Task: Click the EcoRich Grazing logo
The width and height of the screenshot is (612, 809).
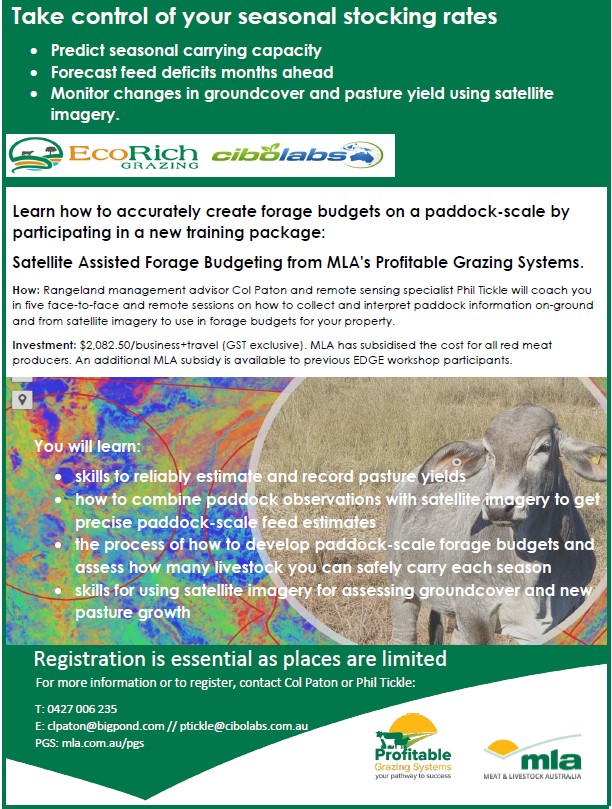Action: [103, 155]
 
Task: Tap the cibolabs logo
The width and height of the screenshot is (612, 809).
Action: [297, 155]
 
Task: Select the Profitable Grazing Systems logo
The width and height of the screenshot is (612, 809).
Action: [413, 747]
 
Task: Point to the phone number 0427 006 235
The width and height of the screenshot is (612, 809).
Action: [82, 709]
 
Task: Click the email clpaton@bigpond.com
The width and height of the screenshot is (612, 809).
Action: [106, 726]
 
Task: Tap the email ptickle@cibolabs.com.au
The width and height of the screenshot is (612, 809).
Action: [244, 726]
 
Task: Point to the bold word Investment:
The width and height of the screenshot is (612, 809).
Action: [44, 345]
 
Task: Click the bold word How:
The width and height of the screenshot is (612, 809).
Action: [26, 290]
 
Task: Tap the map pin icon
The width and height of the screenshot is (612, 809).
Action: [22, 399]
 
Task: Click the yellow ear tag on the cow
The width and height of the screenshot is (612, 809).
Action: [596, 458]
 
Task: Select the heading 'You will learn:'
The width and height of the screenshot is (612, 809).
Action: [87, 446]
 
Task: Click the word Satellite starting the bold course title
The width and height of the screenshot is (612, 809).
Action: [42, 262]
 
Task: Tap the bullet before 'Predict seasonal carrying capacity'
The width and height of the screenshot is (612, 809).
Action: [34, 51]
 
